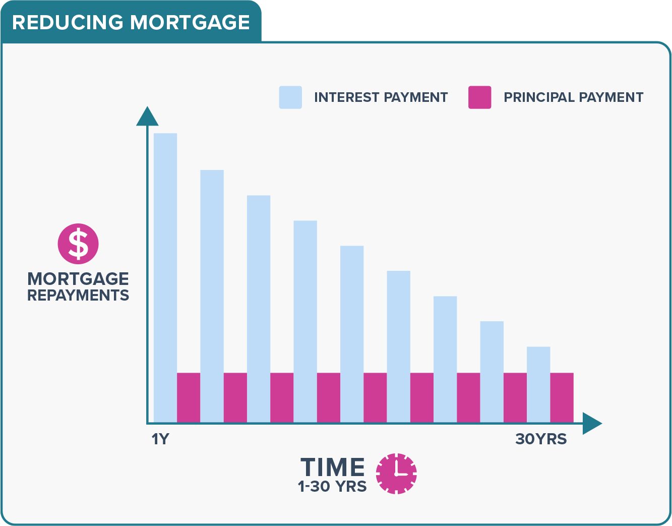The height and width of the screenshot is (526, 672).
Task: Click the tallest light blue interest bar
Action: tap(165, 277)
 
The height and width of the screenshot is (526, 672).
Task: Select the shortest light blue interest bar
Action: tap(538, 384)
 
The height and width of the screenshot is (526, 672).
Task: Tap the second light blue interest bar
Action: tap(212, 296)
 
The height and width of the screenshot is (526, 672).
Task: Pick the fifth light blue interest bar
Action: tap(352, 334)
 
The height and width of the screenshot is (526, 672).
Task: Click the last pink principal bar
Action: tap(562, 397)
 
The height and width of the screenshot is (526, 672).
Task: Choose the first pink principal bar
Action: tap(189, 397)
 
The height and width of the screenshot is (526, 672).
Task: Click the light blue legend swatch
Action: tap(290, 97)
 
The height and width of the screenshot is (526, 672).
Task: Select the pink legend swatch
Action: tap(479, 97)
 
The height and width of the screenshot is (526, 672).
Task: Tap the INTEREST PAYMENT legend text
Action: tap(381, 97)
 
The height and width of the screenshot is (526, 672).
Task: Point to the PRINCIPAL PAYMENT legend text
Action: tap(573, 97)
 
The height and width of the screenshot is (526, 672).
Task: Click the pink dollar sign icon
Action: tap(78, 244)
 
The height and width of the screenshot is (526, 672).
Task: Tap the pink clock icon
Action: tap(396, 474)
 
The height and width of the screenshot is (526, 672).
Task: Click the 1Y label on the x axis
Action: tap(160, 439)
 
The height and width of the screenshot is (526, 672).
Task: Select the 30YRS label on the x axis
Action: tap(540, 439)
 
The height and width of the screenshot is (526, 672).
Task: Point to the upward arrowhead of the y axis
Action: tap(147, 116)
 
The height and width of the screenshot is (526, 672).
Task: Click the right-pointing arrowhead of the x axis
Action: tap(592, 423)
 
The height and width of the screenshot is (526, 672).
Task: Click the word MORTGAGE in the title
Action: tap(190, 23)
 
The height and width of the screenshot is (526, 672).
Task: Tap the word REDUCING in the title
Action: tap(68, 23)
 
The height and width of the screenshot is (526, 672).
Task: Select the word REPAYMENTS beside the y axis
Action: tap(78, 295)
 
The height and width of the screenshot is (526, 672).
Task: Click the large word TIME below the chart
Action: tap(333, 467)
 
